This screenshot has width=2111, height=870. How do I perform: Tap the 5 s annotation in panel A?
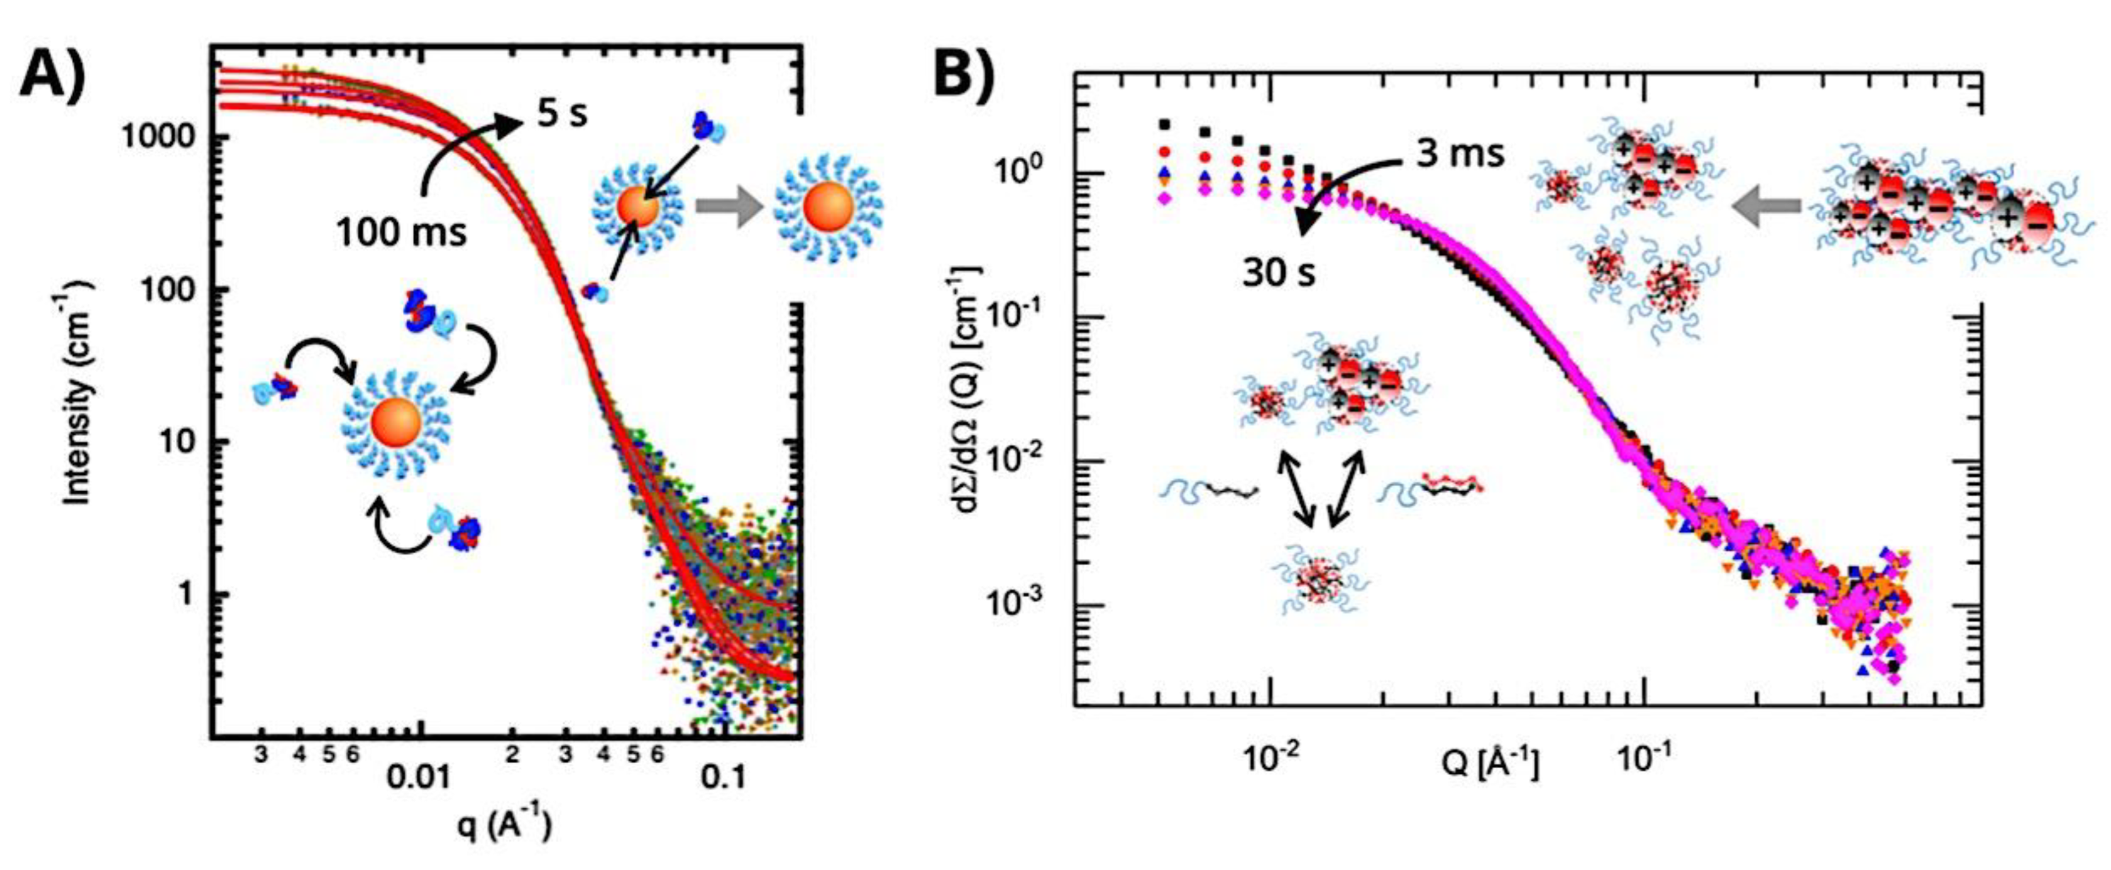(x=562, y=114)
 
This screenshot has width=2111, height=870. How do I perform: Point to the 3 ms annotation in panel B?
(x=1460, y=153)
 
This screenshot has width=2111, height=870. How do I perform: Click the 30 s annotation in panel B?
(x=1279, y=272)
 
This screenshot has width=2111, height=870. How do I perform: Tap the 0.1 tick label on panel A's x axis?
(x=724, y=776)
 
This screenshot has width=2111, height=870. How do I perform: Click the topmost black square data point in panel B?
(x=1164, y=124)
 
